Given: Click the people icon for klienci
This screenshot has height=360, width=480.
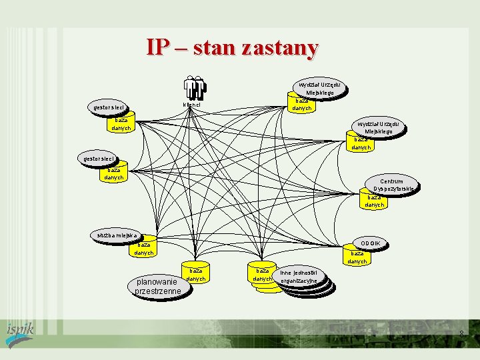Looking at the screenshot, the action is pos(195,87).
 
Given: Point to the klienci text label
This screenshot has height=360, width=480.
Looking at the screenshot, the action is pos(191,105).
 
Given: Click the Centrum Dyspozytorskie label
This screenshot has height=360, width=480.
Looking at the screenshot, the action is pos(391,185).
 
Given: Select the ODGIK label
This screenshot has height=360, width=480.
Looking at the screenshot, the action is pos(370,243).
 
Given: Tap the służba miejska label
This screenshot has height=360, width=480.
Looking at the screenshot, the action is pos(115,235).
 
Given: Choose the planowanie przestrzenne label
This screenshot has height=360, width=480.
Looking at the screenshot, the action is pos(157,286).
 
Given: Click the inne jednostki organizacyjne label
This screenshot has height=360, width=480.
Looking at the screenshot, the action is pos(301,277).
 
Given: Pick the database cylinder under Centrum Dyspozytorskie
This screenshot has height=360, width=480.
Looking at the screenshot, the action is pos(375,201).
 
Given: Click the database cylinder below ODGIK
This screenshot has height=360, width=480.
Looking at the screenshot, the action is pos(357,257).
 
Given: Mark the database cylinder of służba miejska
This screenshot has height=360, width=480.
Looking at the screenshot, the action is pos(144,249).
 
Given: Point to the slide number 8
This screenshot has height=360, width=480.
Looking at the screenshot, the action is pos(461,333).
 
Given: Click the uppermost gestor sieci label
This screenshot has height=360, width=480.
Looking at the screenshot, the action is pos(108,107).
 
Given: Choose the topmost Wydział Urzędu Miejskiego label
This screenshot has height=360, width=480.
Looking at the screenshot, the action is pos(320,89).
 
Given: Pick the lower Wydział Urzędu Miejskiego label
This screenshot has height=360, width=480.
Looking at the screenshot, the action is pos(377,127).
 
